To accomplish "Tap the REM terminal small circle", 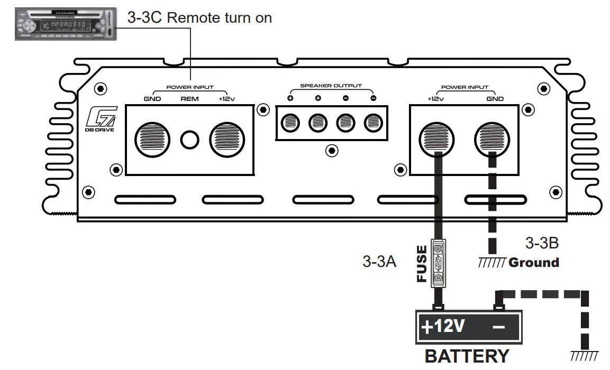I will click(x=189, y=140).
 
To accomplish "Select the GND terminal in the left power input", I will click(x=152, y=140).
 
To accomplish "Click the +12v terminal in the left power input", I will click(x=227, y=140).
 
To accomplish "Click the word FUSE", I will click(x=422, y=263).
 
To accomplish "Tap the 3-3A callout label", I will click(x=379, y=262).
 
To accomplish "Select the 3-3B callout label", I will click(x=542, y=243).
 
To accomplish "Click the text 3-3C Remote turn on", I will click(x=199, y=18).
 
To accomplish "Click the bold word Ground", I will click(x=533, y=263).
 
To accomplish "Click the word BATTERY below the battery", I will click(x=467, y=356).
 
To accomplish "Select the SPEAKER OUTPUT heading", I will click(x=331, y=86).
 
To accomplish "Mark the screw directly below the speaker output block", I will click(x=331, y=151).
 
